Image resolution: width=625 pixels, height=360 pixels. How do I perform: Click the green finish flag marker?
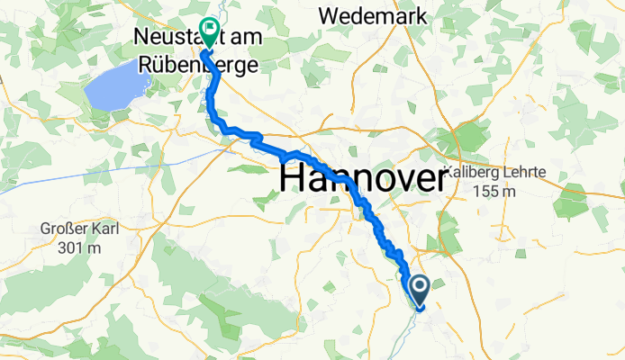[209, 32]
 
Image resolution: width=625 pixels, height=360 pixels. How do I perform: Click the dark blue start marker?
[420, 291]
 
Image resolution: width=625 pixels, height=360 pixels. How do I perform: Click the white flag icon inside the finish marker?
[210, 29]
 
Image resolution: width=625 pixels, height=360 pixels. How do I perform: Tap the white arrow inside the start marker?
[420, 287]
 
